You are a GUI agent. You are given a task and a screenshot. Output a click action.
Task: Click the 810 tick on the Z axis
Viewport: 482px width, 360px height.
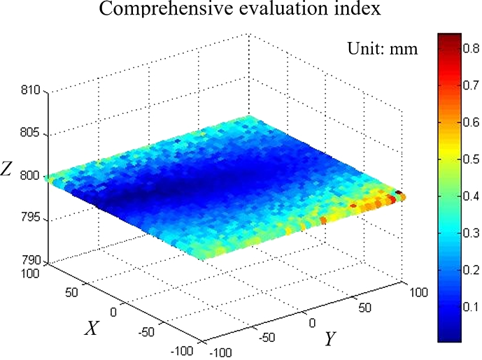coord(32,91)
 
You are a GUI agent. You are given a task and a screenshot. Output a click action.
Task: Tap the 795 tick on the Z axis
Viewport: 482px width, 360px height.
coord(32,219)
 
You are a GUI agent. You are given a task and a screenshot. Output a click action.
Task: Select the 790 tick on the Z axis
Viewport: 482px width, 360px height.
coord(32,262)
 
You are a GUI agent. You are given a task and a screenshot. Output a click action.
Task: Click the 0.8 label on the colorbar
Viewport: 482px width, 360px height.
coord(470,48)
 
